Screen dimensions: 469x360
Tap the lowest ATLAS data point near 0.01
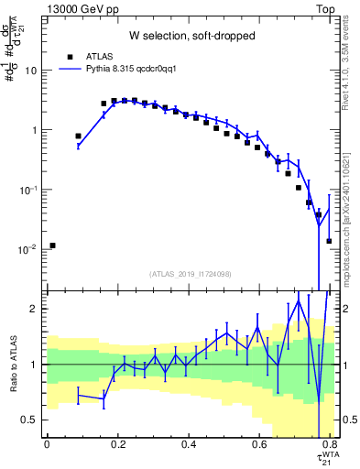(53, 245)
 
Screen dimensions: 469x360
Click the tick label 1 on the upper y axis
(35, 130)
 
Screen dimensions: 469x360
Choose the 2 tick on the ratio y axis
(35, 309)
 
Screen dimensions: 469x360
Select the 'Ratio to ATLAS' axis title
(12, 364)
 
